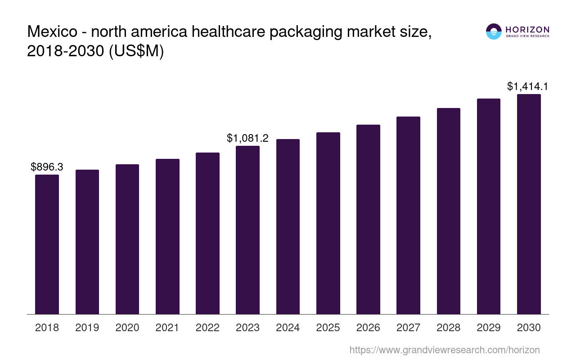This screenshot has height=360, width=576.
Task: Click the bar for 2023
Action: pyautogui.click(x=247, y=230)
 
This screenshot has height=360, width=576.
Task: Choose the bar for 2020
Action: pyautogui.click(x=127, y=239)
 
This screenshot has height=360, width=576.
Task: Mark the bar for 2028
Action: pyautogui.click(x=449, y=211)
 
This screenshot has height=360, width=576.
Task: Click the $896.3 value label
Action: pyautogui.click(x=47, y=167)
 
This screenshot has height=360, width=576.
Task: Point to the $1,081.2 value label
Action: pyautogui.click(x=247, y=138)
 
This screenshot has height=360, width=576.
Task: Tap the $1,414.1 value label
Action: pyautogui.click(x=527, y=86)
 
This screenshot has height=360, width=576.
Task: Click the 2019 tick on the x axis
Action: pyautogui.click(x=87, y=328)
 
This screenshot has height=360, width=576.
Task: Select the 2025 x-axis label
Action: pyautogui.click(x=328, y=328)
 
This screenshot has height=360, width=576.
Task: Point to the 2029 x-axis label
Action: pyautogui.click(x=489, y=328)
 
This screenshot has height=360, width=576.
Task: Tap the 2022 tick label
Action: pyautogui.click(x=207, y=328)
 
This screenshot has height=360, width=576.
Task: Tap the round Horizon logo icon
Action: pyautogui.click(x=494, y=31)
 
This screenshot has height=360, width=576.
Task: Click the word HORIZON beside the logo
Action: pyautogui.click(x=527, y=30)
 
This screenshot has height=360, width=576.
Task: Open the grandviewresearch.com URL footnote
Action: pyautogui.click(x=445, y=350)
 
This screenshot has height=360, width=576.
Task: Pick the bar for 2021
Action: pyautogui.click(x=167, y=236)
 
